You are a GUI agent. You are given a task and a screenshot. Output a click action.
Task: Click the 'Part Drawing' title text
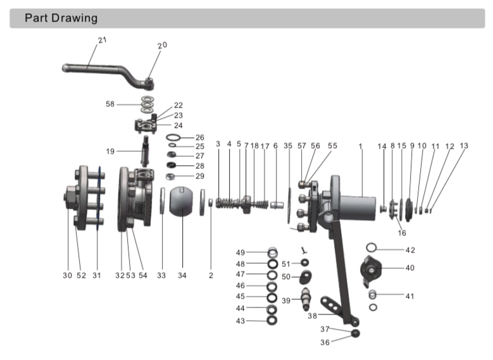click(61, 18)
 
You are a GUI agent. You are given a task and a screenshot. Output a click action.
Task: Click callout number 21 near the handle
click(103, 40)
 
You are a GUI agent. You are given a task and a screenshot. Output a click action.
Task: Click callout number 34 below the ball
click(182, 275)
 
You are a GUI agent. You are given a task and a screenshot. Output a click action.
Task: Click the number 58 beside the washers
click(111, 104)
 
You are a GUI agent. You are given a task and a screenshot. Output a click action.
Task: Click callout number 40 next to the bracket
click(410, 268)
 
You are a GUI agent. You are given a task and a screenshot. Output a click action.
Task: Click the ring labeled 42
click(373, 247)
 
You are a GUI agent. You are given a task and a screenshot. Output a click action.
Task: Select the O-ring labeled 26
click(174, 137)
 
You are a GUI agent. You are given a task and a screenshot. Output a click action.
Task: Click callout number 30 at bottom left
click(67, 275)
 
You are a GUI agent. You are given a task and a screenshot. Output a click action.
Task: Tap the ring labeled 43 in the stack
click(271, 321)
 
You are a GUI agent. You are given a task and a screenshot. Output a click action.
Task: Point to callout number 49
click(240, 252)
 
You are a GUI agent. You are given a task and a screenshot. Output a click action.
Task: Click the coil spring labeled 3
click(226, 204)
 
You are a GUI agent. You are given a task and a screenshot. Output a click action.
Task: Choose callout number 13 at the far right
click(464, 146)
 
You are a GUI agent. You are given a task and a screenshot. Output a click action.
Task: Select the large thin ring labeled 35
click(289, 206)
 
